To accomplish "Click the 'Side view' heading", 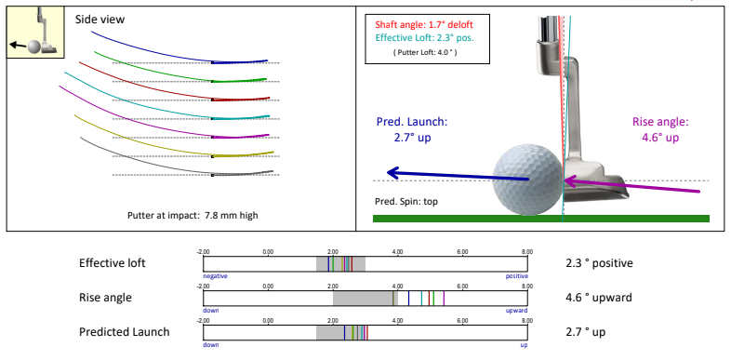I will pos(100,19).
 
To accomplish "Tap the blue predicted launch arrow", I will pos(437,172).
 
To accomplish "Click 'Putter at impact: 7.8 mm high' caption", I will pos(193,215).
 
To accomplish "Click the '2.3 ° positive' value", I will pos(599,263).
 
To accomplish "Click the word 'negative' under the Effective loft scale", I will pos(216,276).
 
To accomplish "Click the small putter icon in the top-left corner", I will pos(34,32).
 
